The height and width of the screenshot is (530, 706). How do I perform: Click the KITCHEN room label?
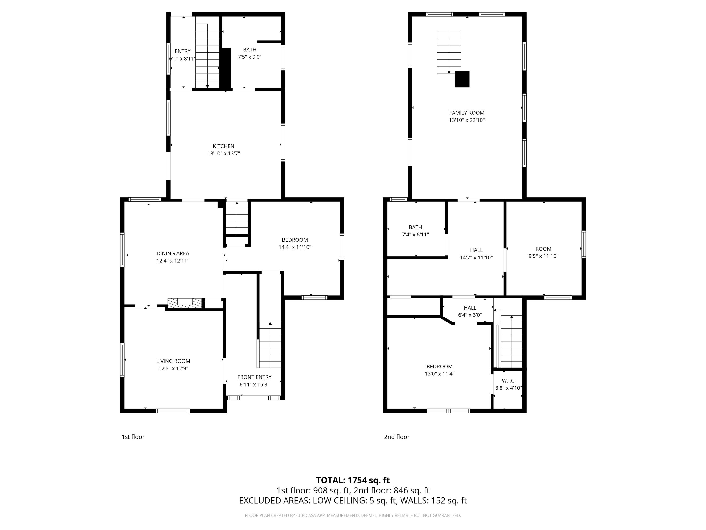pos(223,146)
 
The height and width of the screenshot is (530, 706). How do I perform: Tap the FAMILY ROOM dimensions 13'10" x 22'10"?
pos(467,120)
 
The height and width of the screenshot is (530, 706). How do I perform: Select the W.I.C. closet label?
pos(508,380)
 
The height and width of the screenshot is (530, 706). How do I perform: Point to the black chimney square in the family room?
pos(462,79)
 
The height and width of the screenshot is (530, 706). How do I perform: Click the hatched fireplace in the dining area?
pos(185,303)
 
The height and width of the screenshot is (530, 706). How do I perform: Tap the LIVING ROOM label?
pos(173,361)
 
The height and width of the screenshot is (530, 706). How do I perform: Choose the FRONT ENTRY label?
pos(254,377)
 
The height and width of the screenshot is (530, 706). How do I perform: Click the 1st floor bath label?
pos(250,49)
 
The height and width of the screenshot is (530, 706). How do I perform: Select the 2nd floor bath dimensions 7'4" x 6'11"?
pos(415,234)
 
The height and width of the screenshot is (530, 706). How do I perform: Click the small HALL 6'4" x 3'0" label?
pos(470,308)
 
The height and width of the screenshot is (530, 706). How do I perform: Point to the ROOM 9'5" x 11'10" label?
pos(543,249)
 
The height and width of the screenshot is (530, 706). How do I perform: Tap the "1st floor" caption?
pos(133,437)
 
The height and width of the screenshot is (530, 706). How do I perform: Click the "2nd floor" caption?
pos(396,437)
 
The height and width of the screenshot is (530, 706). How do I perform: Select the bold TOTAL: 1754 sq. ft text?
pos(353,480)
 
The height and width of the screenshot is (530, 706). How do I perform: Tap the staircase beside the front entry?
pos(270,345)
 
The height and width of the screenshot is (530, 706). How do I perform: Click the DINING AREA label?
pos(173,253)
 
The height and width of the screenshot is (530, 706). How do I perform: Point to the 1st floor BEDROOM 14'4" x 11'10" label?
pos(295,240)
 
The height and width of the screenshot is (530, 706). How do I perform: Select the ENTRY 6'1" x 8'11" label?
pos(182,51)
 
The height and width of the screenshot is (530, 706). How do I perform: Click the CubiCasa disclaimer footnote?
pos(353,515)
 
